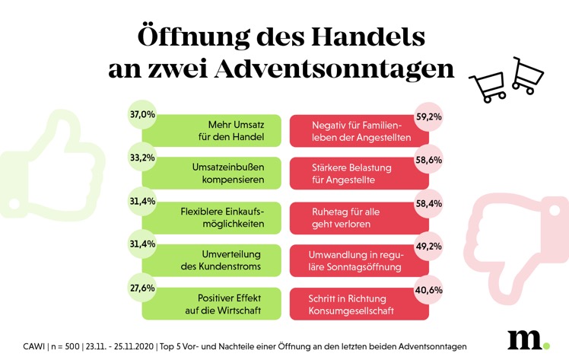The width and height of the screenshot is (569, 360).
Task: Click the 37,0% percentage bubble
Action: (143, 115)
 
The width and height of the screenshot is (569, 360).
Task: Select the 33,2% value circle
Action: (143, 158)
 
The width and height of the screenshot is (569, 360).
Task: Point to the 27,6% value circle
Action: (143, 288)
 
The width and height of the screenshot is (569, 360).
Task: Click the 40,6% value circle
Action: (427, 289)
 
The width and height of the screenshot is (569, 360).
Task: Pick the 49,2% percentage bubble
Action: (427, 246)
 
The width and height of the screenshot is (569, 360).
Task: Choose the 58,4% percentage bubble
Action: (427, 203)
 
